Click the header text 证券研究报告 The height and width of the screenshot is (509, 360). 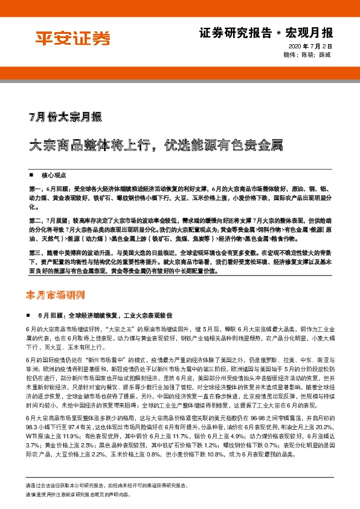click(228, 33)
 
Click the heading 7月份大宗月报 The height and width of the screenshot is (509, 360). click(65, 117)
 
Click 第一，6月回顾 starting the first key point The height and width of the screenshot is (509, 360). click(50, 190)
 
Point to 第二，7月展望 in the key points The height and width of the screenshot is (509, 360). click(50, 221)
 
